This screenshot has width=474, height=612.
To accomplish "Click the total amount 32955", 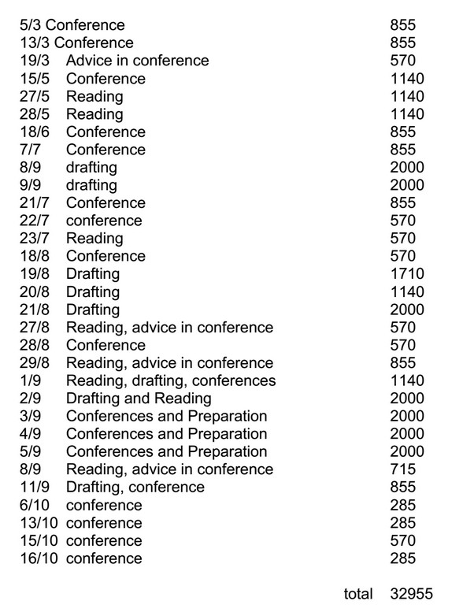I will (x=411, y=594).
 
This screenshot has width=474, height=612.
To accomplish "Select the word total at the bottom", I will (x=358, y=594).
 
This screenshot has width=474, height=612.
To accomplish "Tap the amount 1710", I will (x=406, y=274).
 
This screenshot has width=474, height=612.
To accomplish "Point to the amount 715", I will (x=402, y=469).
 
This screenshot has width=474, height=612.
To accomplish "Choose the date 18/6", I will (x=34, y=132).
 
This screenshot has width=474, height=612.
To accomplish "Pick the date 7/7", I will (x=30, y=150).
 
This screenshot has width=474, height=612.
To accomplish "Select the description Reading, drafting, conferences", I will (x=171, y=381).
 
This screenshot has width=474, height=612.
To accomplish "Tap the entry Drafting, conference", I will (x=135, y=488).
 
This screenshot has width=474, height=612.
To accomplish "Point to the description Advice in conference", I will (x=137, y=61).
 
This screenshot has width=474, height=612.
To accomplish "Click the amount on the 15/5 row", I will (x=406, y=79).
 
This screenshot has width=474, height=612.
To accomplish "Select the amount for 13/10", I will (x=402, y=523).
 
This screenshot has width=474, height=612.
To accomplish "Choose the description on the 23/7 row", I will (x=94, y=239).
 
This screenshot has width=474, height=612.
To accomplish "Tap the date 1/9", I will (x=30, y=381).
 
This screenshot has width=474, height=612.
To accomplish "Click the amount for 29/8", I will (x=402, y=363).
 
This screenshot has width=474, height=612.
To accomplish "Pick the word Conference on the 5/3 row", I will (x=86, y=25).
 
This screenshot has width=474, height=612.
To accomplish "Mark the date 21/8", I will (x=34, y=310).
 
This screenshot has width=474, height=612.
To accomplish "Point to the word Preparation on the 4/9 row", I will (x=227, y=434).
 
